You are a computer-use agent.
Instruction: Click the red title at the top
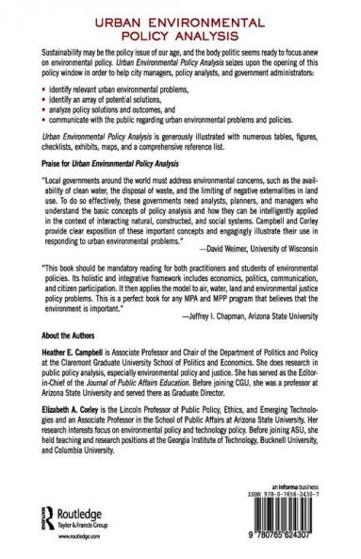pyautogui.click(x=180, y=24)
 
